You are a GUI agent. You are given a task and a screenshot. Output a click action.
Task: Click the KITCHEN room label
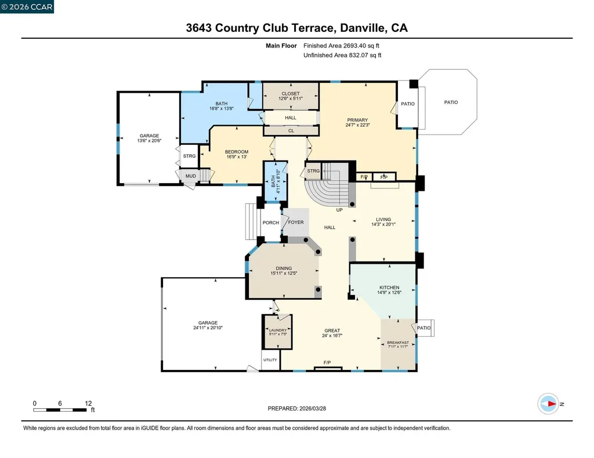pyautogui.click(x=389, y=288)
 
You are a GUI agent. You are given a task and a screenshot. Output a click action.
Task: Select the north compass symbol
pyautogui.click(x=548, y=404)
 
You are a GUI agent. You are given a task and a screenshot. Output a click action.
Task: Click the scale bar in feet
pyautogui.click(x=61, y=410)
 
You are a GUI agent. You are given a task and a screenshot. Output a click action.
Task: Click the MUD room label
pyautogui.click(x=190, y=176)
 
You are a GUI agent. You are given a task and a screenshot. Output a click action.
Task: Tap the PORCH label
pyautogui.click(x=270, y=223)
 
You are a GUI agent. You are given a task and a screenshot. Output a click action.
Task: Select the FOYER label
pyautogui.click(x=296, y=223)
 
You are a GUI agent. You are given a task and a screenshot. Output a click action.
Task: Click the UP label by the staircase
pyautogui.click(x=339, y=210)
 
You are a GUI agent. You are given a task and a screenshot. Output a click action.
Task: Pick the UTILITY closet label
pyautogui.click(x=270, y=360)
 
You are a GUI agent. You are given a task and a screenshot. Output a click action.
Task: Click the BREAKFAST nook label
pyautogui.click(x=398, y=343)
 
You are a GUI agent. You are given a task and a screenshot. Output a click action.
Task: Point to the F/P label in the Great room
pyautogui.click(x=327, y=363)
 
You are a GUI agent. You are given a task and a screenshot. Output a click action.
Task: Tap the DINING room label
pyautogui.click(x=284, y=268)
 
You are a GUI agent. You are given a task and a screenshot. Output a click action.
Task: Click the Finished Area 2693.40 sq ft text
pyautogui.click(x=342, y=45)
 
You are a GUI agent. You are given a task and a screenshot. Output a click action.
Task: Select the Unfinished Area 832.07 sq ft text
pyautogui.click(x=342, y=55)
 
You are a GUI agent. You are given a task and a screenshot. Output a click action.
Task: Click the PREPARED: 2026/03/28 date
pyautogui.click(x=296, y=408)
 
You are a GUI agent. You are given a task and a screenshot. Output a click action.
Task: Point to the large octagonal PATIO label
pyautogui.click(x=451, y=102)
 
